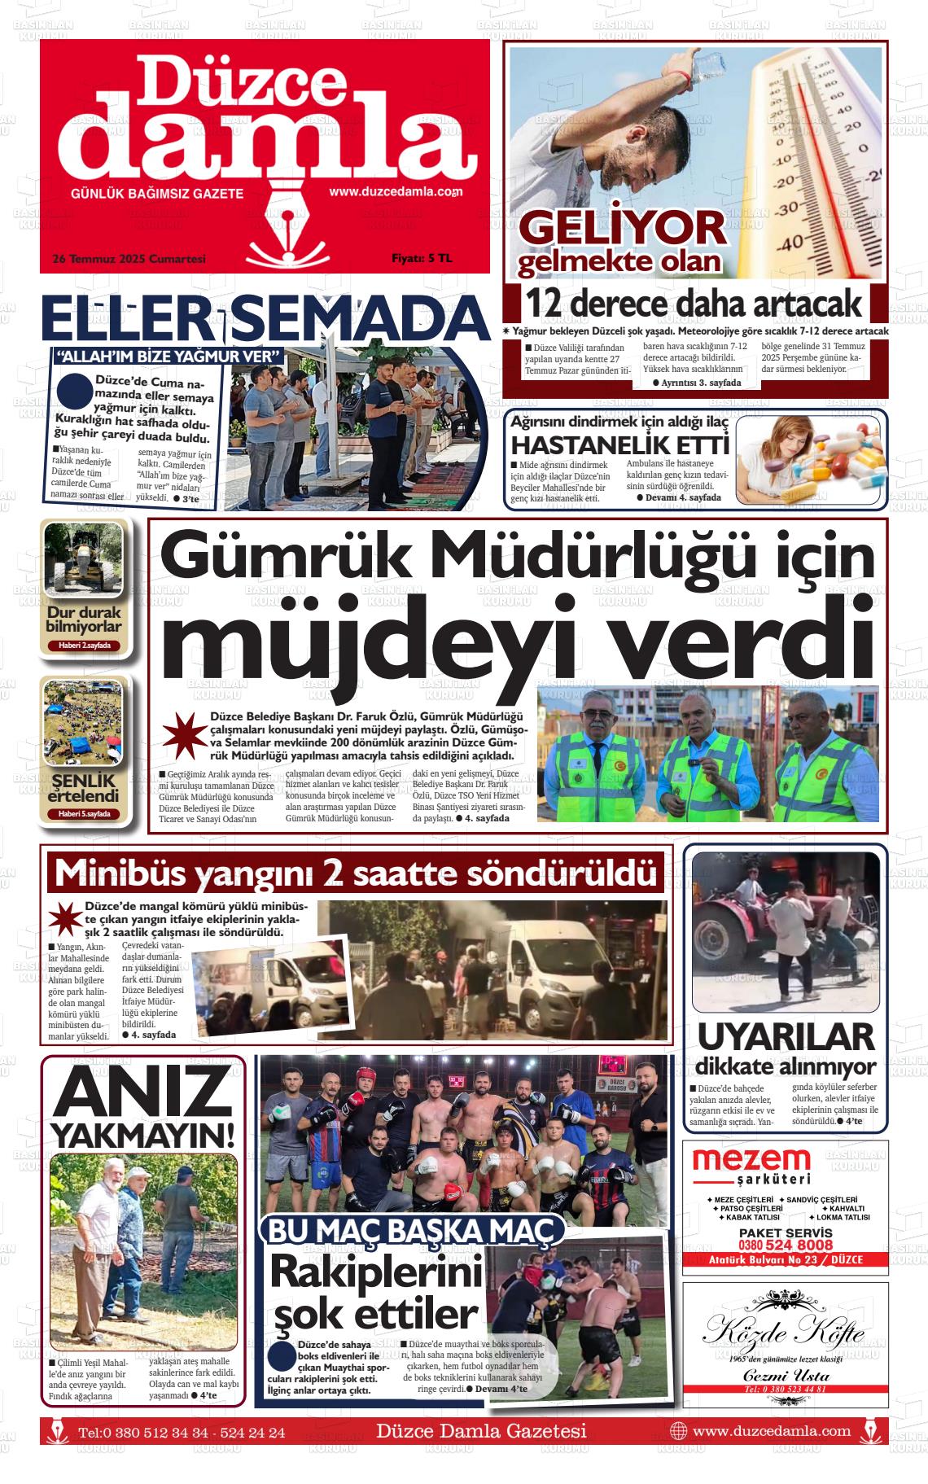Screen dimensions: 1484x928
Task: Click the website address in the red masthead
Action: (396, 193)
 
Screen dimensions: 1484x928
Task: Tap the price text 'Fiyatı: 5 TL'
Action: (421, 259)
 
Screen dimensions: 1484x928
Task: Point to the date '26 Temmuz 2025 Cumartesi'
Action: (129, 259)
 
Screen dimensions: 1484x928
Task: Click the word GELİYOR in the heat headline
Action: (622, 228)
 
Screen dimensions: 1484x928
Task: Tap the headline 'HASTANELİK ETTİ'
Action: (619, 445)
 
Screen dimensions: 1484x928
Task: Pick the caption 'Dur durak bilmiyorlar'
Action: (84, 619)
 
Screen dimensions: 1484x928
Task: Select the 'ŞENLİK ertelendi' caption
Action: (84, 787)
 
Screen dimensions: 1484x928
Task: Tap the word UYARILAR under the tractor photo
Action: (786, 1037)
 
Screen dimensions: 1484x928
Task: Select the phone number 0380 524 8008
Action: (786, 1245)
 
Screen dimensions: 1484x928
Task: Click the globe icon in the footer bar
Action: (677, 1431)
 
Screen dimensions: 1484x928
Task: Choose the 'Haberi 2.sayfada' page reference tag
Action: (84, 646)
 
